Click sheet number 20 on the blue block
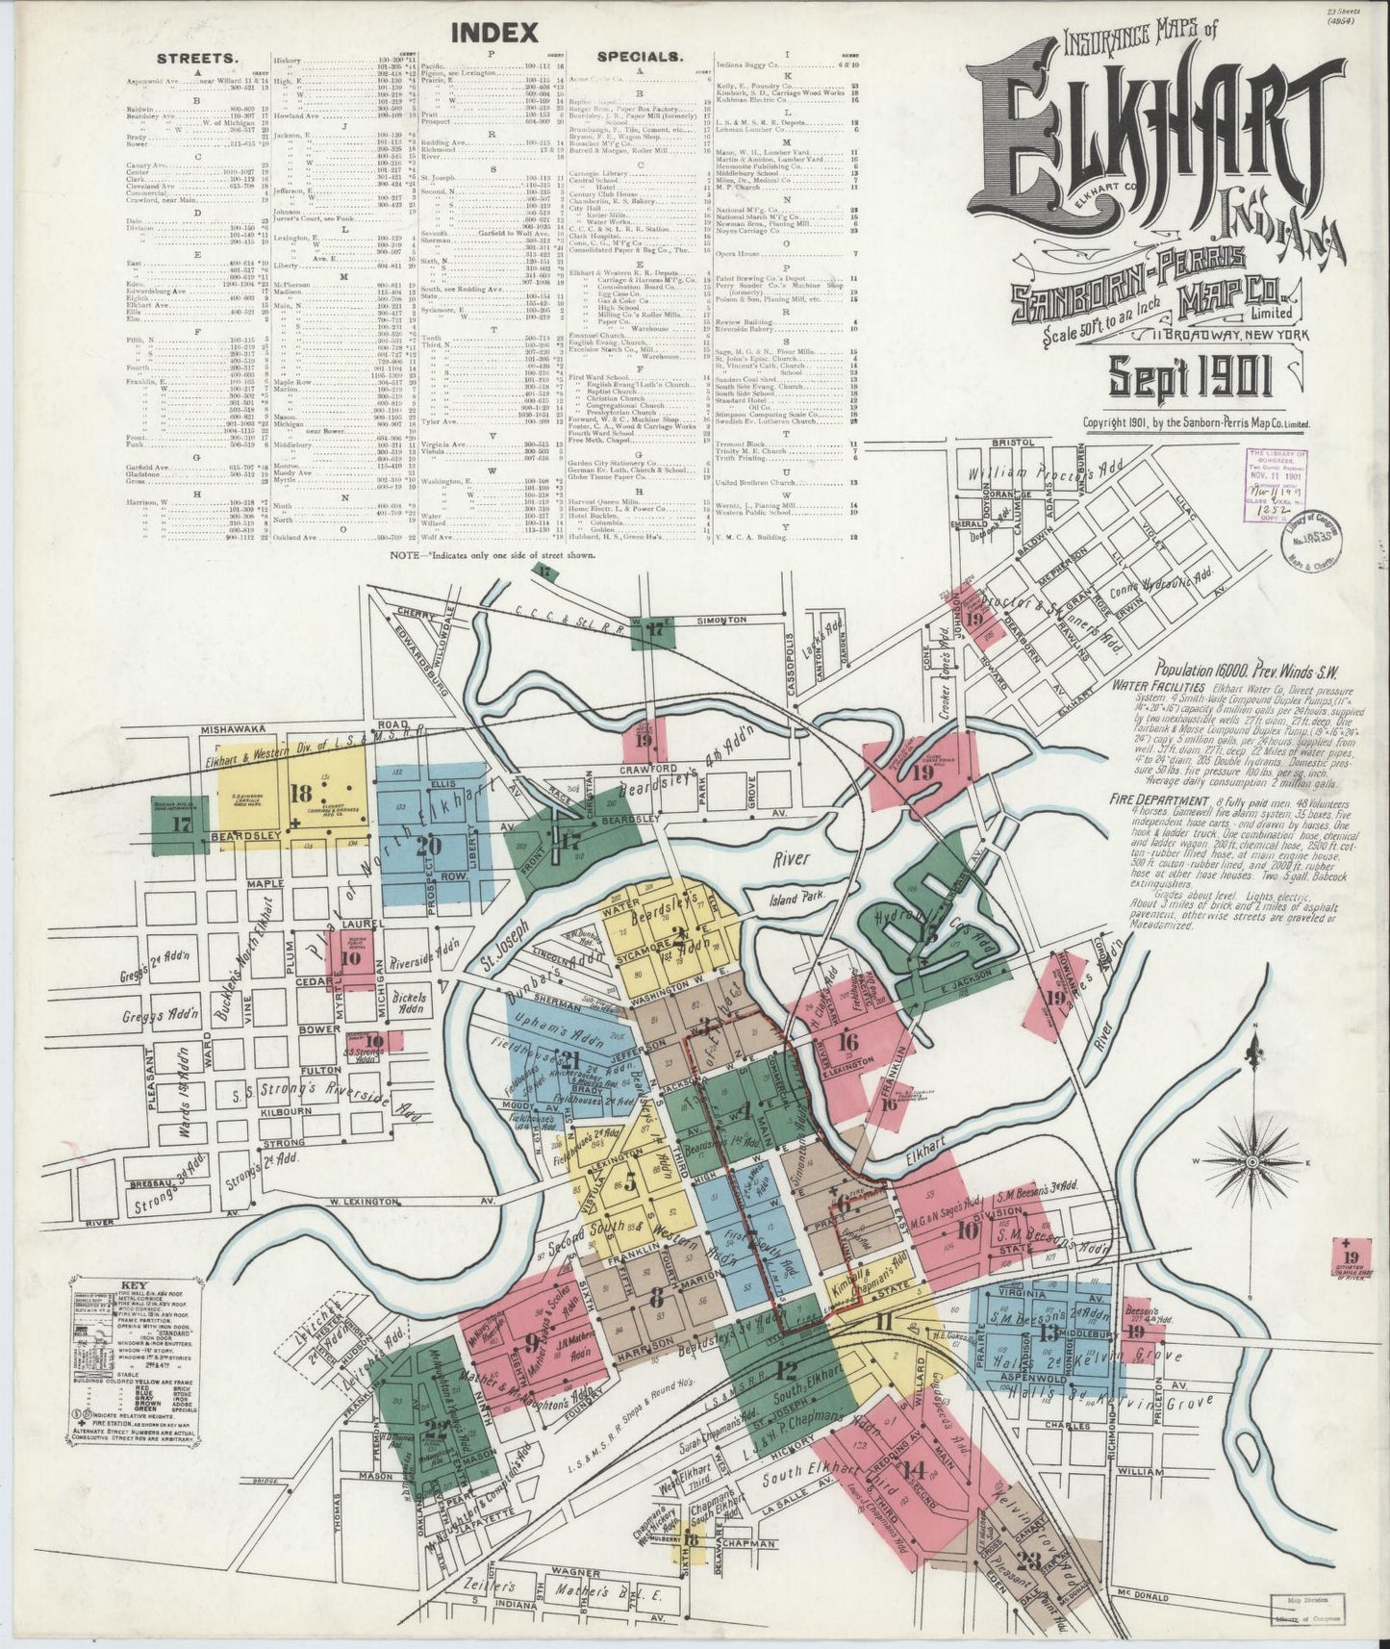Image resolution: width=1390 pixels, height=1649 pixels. (427, 846)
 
